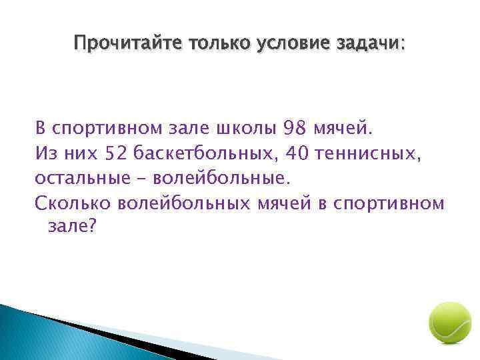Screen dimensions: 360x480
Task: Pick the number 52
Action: pyautogui.click(x=116, y=153)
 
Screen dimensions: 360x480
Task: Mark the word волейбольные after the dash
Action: pyautogui.click(x=222, y=179)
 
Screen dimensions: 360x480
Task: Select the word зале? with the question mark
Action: pyautogui.click(x=72, y=227)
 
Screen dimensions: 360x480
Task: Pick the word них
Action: pyautogui.click(x=82, y=153)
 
